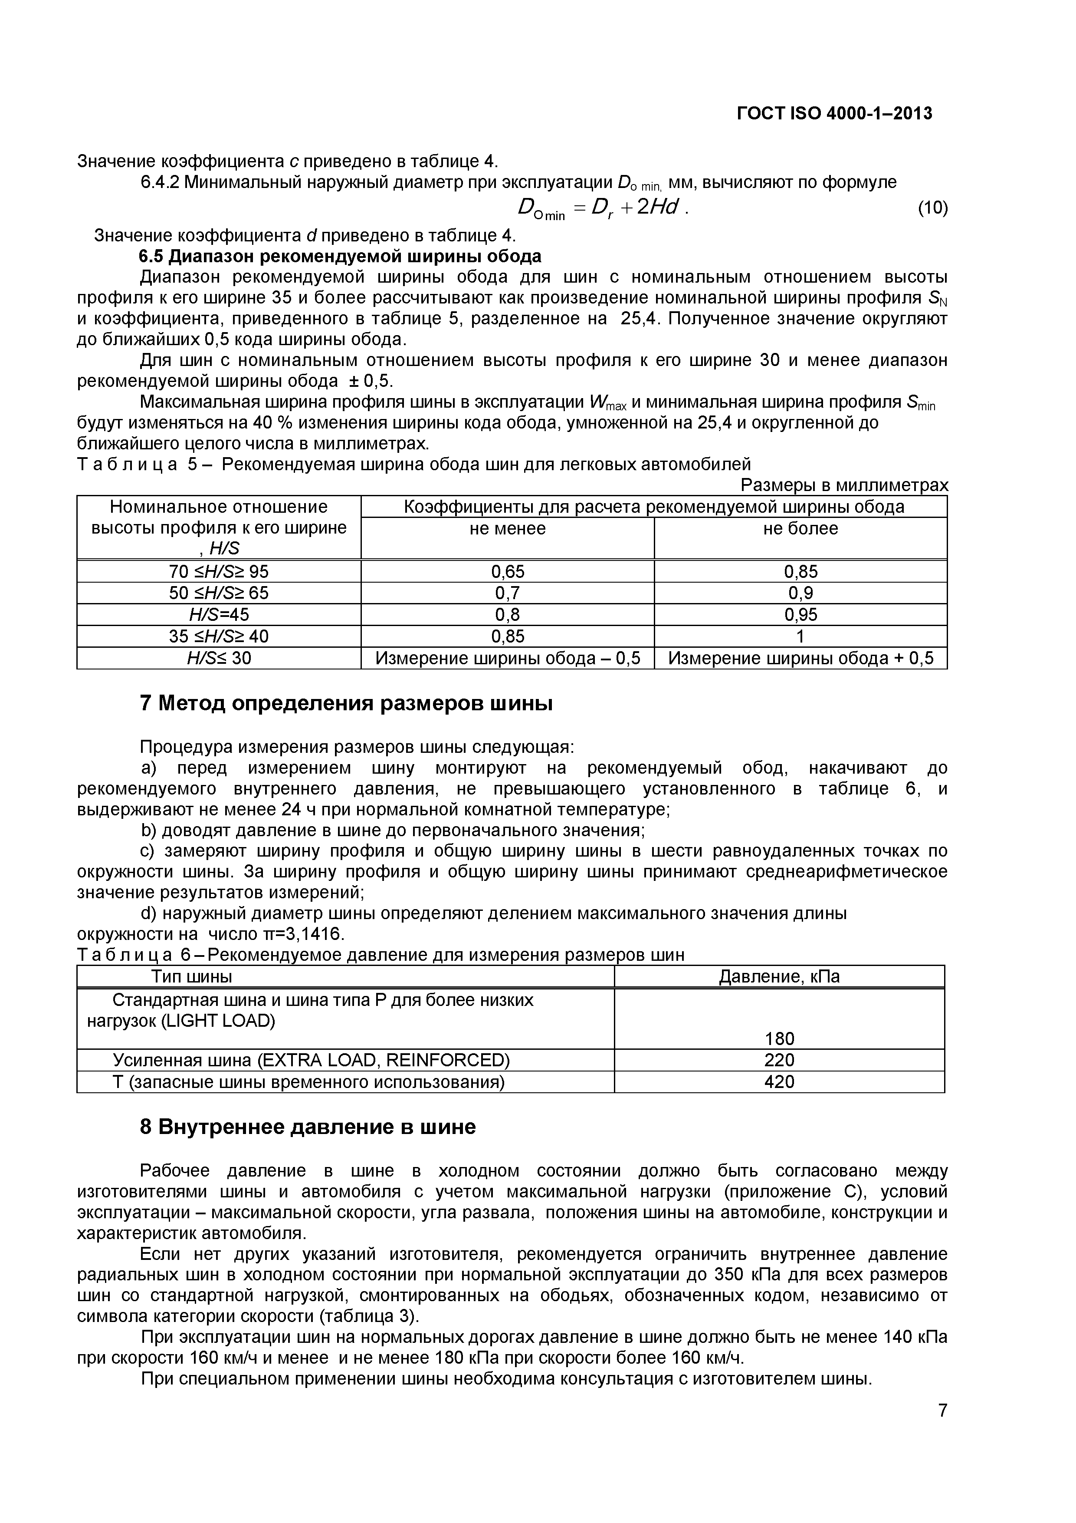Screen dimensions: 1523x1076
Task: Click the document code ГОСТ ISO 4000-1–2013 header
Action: (x=834, y=113)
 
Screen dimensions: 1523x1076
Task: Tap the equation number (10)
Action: (x=932, y=208)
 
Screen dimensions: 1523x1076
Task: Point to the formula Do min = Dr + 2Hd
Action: (x=602, y=209)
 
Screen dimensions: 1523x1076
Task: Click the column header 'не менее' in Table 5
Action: (x=507, y=529)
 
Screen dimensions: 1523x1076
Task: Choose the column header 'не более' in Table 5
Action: (x=800, y=529)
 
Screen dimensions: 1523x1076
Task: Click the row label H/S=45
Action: (x=219, y=614)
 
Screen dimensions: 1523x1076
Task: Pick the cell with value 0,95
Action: (x=800, y=614)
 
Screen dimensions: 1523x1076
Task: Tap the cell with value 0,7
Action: (x=507, y=592)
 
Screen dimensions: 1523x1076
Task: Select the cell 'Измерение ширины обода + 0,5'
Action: (x=800, y=658)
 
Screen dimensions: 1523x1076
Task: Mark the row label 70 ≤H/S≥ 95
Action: (x=219, y=571)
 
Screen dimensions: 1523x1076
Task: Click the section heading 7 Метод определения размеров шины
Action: (x=346, y=703)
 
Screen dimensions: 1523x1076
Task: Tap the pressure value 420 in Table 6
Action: (x=779, y=1082)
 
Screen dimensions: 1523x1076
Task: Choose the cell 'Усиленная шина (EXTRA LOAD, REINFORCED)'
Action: (x=311, y=1060)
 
